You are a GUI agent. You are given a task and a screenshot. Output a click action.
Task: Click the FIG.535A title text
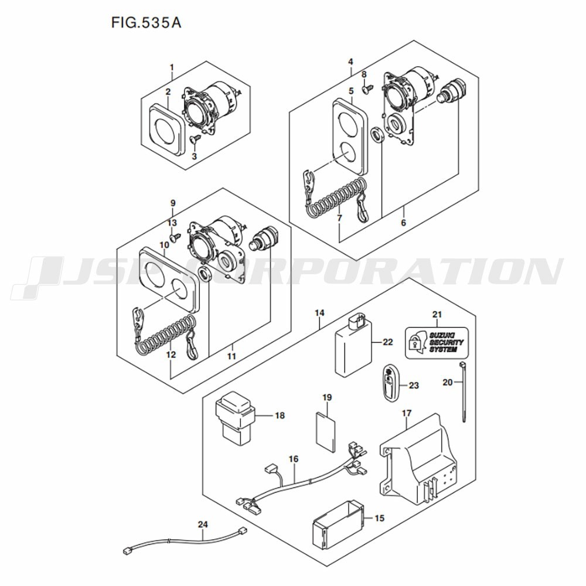point(146,23)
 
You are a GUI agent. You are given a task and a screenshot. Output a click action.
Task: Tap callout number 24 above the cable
point(203,524)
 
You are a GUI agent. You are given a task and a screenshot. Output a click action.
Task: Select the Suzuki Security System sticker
point(437,343)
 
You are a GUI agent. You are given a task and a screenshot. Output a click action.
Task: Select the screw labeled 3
point(195,139)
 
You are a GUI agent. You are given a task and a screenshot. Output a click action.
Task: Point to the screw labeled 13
point(175,237)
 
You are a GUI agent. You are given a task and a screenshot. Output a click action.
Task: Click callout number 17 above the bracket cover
point(407,413)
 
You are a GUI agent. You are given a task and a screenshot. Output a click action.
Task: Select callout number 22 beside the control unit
point(387,342)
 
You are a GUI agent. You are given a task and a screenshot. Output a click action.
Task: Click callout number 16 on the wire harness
point(294,459)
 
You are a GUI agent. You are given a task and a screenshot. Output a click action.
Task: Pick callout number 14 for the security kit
point(319,313)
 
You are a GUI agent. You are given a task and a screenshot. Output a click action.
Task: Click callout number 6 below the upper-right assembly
point(403,223)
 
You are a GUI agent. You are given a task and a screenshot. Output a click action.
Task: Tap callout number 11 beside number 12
point(231,356)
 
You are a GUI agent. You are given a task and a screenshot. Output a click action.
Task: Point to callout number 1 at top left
point(172,67)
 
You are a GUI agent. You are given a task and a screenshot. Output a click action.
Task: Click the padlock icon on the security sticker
point(414,343)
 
